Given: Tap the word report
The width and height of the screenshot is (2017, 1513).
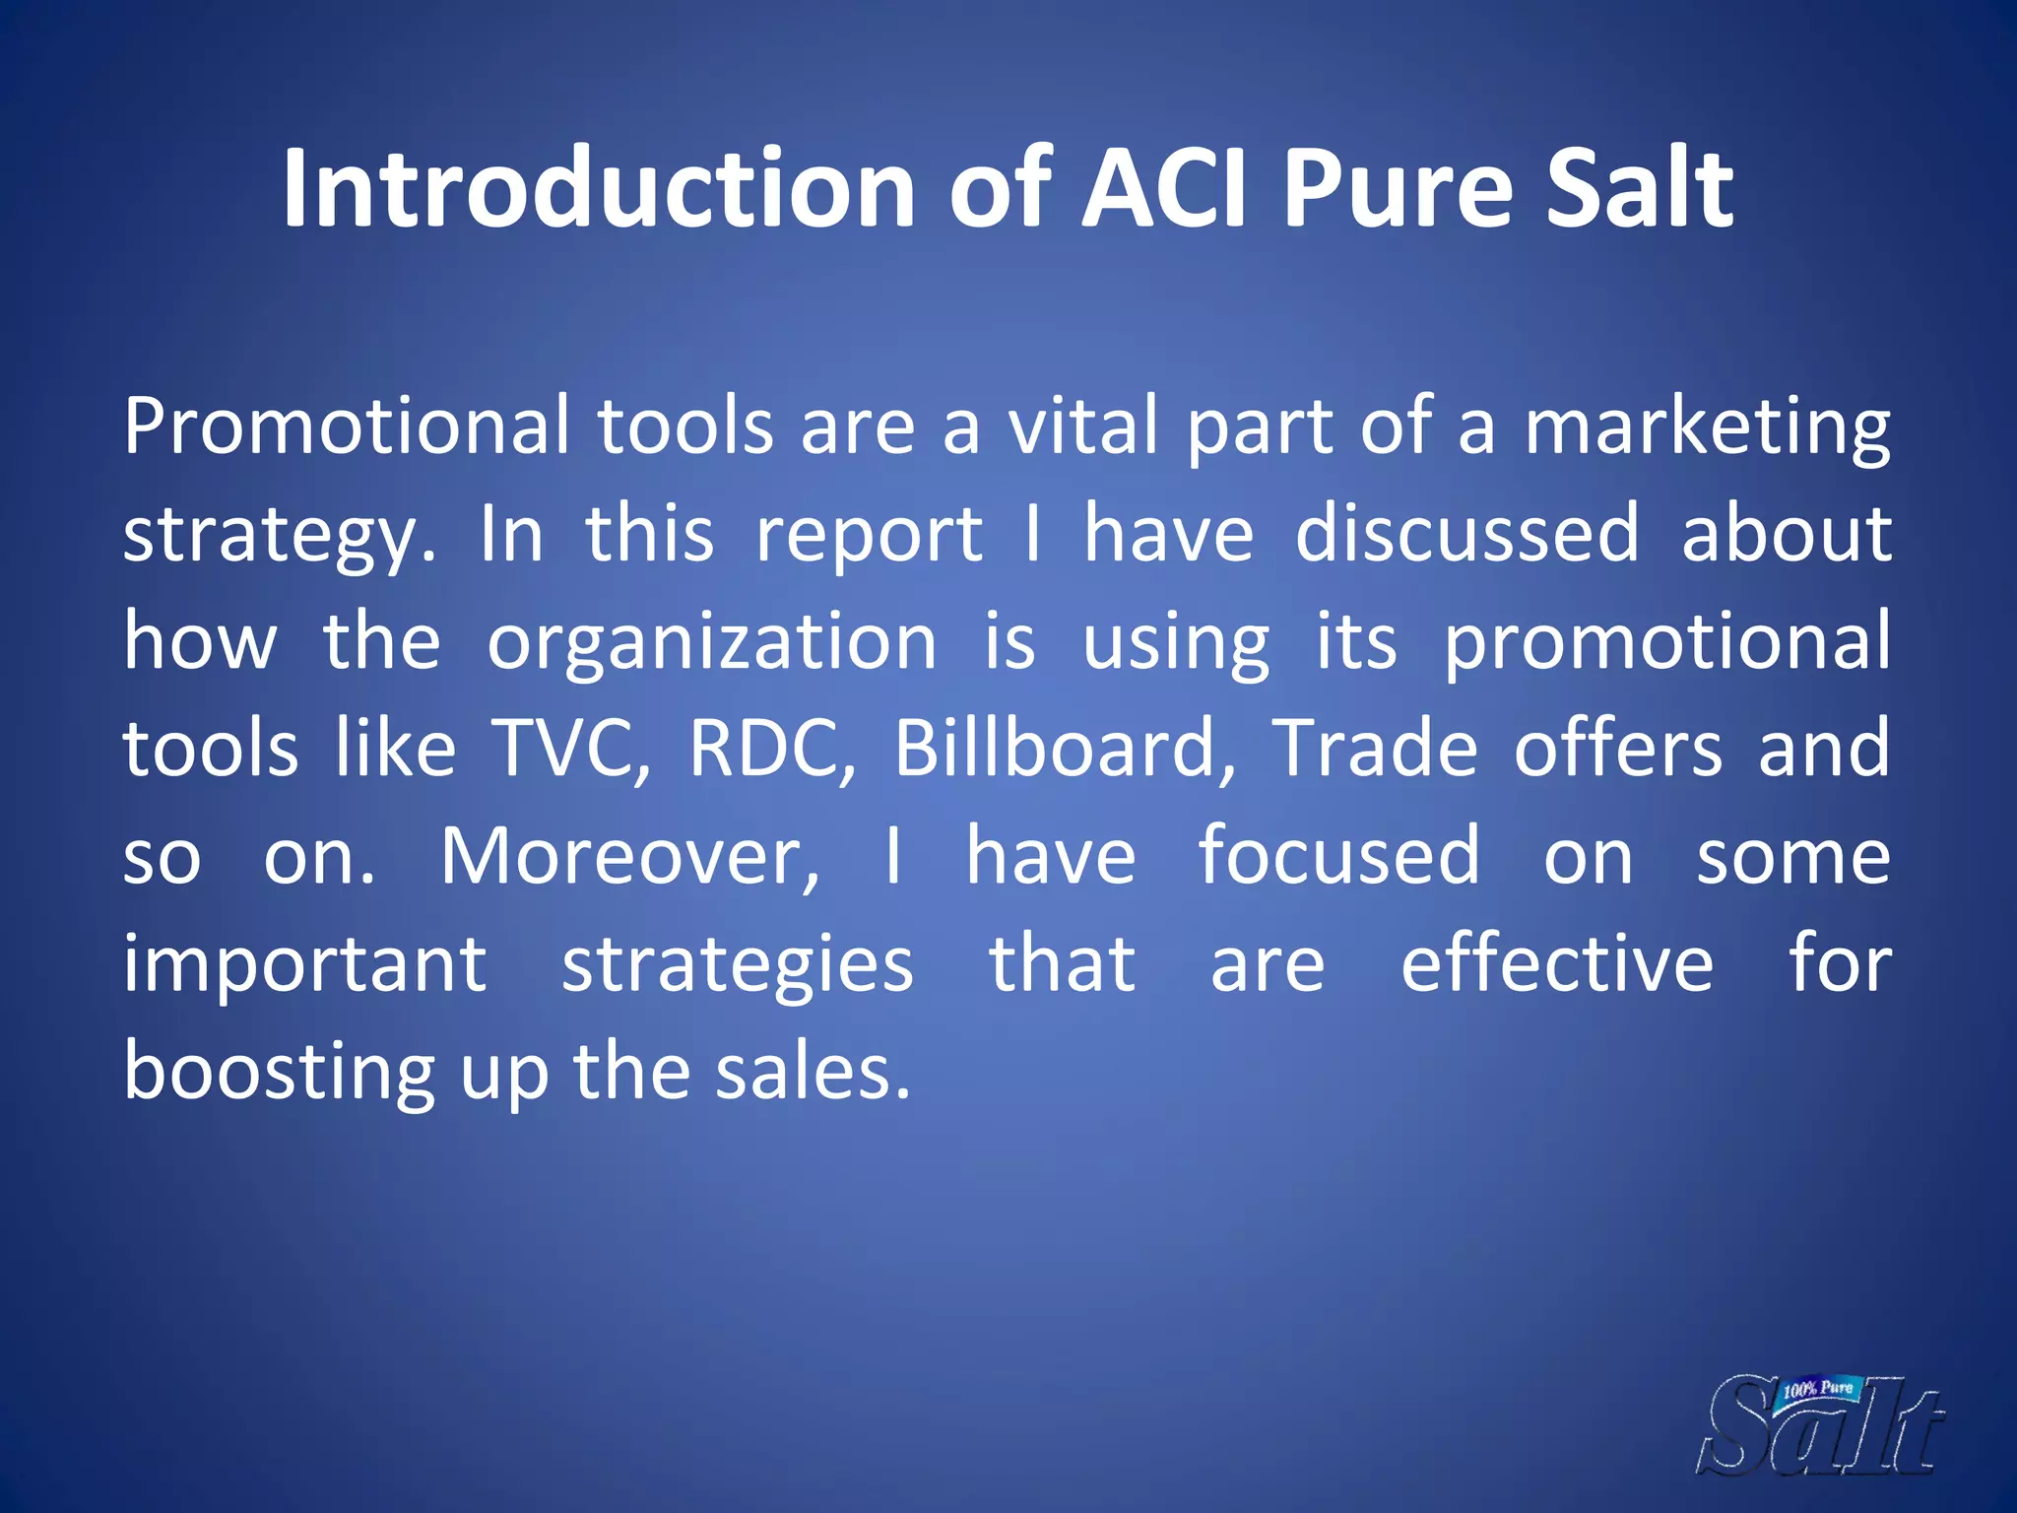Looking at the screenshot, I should click(x=869, y=534).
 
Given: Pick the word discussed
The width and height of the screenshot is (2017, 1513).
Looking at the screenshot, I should click(x=1466, y=534).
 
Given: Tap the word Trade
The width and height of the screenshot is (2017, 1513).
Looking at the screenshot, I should click(x=1374, y=749).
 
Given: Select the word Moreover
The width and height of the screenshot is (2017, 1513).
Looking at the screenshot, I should click(x=628, y=857).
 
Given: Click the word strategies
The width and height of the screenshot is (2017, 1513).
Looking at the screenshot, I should click(x=737, y=965).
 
